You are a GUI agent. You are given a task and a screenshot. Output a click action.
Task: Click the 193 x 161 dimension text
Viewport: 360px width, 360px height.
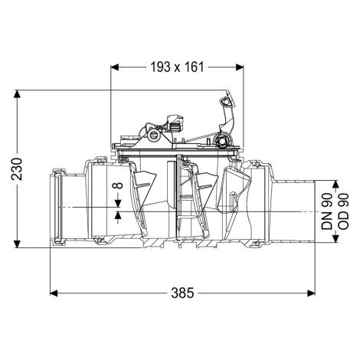[177, 67]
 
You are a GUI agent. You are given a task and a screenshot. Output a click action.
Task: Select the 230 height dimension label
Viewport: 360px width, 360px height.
[17, 169]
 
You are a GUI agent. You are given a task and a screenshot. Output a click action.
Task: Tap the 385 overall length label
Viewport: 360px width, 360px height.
[182, 293]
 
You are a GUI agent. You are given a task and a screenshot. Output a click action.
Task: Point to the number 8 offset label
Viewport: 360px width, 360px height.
[118, 185]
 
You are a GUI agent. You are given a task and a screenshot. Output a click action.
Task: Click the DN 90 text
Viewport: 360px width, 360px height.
[326, 211]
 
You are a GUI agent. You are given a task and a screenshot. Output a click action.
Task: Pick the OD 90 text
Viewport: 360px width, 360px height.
[343, 211]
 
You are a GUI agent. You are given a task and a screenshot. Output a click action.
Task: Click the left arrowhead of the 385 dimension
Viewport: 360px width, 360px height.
[54, 293]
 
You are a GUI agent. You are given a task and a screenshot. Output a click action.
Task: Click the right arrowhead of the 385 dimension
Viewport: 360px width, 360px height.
[311, 293]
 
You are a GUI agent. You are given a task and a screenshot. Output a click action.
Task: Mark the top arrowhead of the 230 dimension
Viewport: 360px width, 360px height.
[17, 94]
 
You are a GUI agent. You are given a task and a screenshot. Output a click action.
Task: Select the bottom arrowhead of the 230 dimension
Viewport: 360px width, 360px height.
[17, 244]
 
